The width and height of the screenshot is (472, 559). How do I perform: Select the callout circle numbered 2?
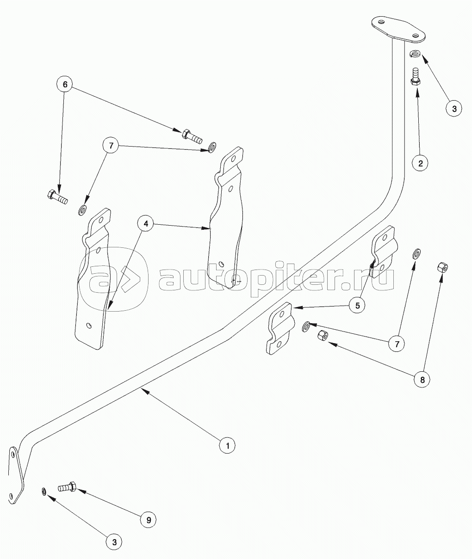420,163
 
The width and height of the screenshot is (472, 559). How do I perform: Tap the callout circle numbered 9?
149,519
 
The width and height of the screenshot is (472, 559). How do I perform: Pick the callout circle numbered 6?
65,85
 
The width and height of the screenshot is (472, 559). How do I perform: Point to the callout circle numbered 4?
146,224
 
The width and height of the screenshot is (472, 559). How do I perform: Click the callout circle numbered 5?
358,305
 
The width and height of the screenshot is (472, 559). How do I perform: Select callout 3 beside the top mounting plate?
454,108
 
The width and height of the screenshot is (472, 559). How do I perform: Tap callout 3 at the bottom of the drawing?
114,541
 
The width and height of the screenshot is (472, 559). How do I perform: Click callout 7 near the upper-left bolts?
111,146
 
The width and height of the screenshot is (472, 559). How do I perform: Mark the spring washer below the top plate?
415,54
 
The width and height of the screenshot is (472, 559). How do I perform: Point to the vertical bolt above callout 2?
415,76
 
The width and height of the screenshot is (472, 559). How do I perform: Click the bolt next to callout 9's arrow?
68,487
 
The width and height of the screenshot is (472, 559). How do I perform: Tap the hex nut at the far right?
442,267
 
